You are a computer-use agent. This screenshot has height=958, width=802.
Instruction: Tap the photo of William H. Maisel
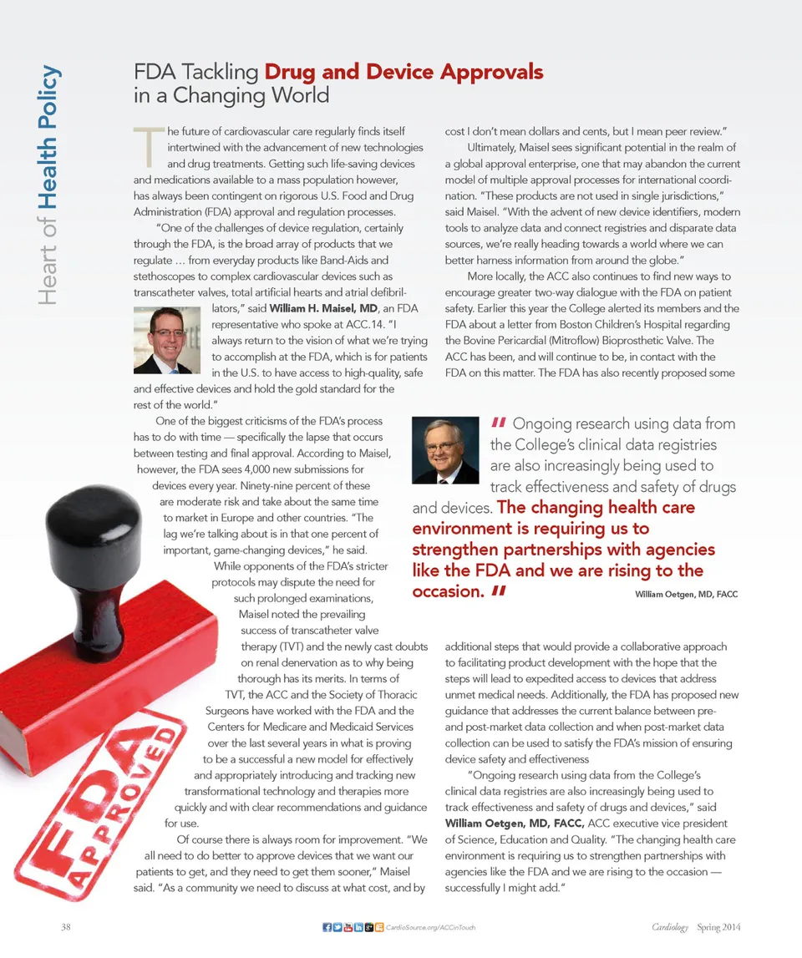coord(166,340)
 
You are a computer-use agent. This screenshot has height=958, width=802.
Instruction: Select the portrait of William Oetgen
coord(445,450)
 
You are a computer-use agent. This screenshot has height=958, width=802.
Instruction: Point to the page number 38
coord(67,927)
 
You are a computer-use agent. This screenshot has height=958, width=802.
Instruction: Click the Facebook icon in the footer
coord(327,927)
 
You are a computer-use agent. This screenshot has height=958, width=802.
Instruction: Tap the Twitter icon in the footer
coord(337,927)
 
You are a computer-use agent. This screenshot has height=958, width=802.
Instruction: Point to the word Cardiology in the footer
coord(671,927)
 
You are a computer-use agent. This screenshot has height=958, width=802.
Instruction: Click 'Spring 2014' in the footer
coord(719,927)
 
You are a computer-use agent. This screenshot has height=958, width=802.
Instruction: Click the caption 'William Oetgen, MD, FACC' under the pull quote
coord(686,594)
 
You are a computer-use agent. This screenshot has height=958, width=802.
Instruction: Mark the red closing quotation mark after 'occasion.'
coord(500,591)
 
